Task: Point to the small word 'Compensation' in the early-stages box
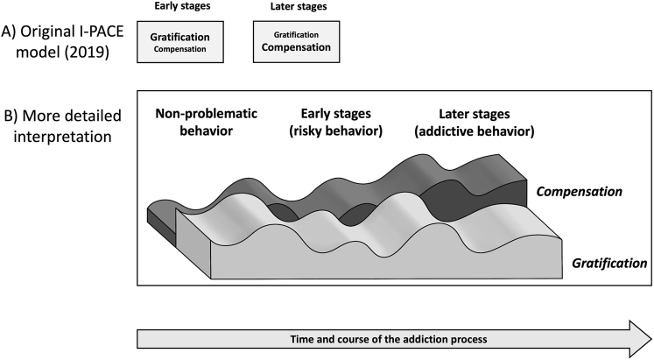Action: coord(180,49)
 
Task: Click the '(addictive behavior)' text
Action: coord(474,131)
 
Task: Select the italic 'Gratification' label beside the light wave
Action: coord(609,261)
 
